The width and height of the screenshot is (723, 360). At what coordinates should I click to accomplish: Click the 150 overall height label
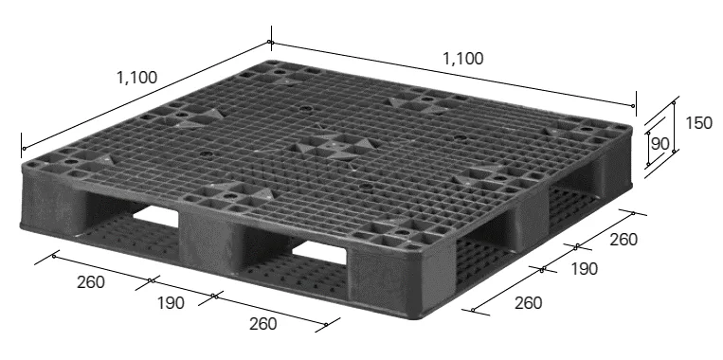[698, 123]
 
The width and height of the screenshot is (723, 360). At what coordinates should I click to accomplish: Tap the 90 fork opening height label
[660, 144]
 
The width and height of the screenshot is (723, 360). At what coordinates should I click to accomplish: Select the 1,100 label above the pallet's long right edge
[463, 59]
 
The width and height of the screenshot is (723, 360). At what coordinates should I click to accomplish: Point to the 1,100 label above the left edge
[137, 78]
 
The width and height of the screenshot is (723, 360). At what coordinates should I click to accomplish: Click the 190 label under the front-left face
[171, 303]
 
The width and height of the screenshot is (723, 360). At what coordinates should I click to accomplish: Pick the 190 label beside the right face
[585, 269]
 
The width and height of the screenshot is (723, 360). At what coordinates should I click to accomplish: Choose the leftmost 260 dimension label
[91, 282]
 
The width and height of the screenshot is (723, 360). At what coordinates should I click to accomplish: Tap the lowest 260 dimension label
[263, 324]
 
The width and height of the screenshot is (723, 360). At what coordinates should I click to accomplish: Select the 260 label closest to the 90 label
[624, 240]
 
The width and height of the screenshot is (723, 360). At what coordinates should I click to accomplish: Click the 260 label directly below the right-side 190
[529, 303]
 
